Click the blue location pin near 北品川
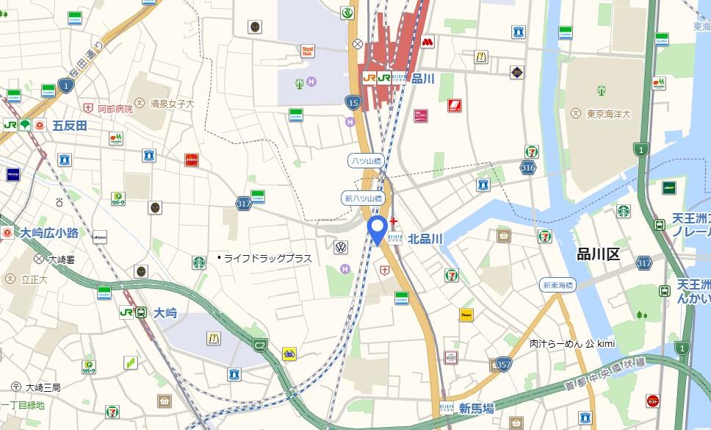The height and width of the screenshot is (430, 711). [x=378, y=230]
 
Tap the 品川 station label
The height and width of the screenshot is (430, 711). [x=423, y=79]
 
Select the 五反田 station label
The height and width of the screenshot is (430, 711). [x=70, y=126]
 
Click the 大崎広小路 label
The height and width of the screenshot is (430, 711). [x=49, y=233]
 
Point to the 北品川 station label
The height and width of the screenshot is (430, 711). [x=425, y=238]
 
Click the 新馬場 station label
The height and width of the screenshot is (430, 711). [x=476, y=408]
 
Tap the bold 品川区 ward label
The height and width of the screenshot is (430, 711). [x=599, y=254]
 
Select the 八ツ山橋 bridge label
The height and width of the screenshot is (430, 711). [x=365, y=160]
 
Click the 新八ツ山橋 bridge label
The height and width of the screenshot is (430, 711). [x=364, y=198]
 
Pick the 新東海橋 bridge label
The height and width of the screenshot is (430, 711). [x=557, y=285]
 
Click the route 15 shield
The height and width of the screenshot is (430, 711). [x=353, y=102]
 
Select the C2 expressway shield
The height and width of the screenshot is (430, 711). [x=260, y=343]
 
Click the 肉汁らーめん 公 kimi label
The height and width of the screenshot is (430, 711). [x=572, y=343]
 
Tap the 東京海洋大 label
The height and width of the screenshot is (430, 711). [x=610, y=114]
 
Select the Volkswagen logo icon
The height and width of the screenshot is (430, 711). [x=341, y=247]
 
